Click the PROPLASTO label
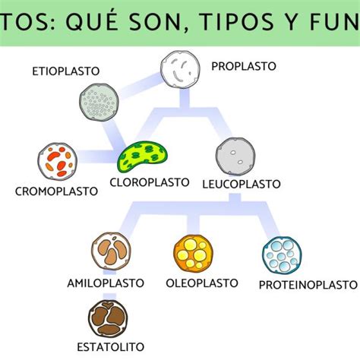[x=244, y=66]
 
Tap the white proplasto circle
[x=180, y=69]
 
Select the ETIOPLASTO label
[x=66, y=71]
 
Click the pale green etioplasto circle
[x=99, y=103]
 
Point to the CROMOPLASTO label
[x=56, y=191]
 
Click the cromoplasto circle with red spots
[x=58, y=161]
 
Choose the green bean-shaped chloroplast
[x=142, y=156]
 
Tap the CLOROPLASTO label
[x=150, y=182]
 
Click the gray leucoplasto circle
[x=235, y=156]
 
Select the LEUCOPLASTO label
[x=242, y=184]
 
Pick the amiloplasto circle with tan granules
[x=111, y=251]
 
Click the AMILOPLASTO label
[x=106, y=283]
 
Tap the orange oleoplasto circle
[x=193, y=254]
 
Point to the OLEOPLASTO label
[x=202, y=283]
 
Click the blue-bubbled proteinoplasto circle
[x=282, y=255]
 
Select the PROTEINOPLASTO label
[x=308, y=285]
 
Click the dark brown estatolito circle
[x=108, y=318]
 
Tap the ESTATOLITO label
[x=110, y=347]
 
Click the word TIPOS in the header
[x=237, y=21]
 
